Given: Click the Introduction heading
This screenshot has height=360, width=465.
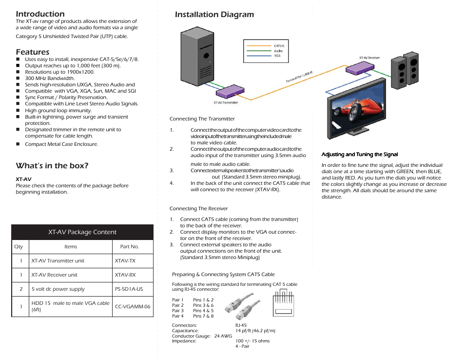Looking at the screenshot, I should [x=40, y=14].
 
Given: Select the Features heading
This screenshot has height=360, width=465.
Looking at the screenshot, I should [x=32, y=52].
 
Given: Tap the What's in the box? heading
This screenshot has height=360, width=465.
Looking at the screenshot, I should [x=52, y=166].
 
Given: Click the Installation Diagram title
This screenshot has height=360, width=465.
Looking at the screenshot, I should [x=214, y=15].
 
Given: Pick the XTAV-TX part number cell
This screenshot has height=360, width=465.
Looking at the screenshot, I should [x=125, y=261].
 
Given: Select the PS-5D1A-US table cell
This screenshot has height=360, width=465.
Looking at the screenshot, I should [x=129, y=289].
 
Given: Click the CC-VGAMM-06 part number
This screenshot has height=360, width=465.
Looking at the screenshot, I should [x=133, y=306].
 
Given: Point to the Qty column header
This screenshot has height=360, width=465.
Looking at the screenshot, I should [x=19, y=247].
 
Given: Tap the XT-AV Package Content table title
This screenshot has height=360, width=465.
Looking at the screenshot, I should [x=82, y=232].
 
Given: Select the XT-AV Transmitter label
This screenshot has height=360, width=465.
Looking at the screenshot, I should [x=226, y=103].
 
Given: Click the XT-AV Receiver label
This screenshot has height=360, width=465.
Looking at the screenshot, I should [x=369, y=58].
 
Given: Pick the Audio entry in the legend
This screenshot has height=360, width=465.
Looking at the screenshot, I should [x=278, y=51].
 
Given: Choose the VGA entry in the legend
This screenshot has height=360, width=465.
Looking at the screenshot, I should [x=277, y=56].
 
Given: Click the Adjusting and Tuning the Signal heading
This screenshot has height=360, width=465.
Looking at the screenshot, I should [x=360, y=155].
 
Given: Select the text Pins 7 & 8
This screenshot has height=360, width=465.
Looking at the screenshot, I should [x=203, y=316].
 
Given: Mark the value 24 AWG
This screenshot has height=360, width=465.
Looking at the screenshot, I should [x=223, y=336].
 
